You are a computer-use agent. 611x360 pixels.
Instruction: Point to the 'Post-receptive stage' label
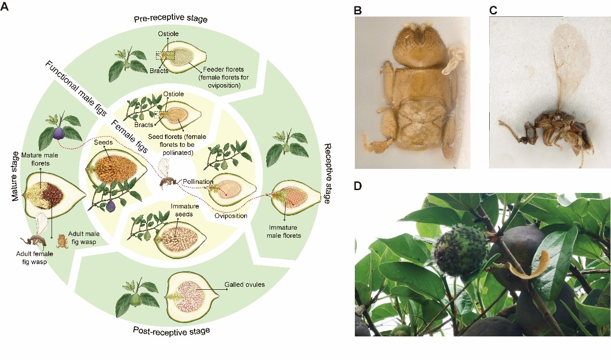tap(172, 331)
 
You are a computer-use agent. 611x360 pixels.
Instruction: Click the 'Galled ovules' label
tap(245, 284)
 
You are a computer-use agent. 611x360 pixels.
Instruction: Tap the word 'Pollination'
tap(198, 182)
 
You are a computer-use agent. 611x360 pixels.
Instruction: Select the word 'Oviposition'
tap(231, 216)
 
